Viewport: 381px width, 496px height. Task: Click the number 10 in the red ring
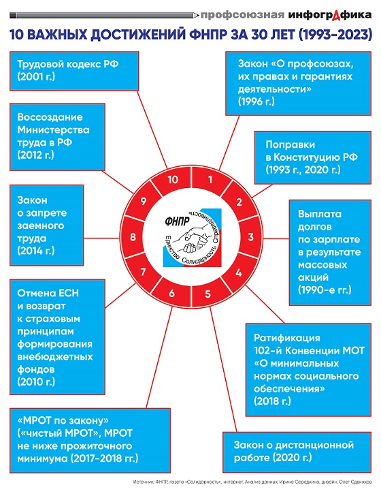(x=173, y=180)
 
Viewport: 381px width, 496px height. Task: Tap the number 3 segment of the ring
(x=250, y=236)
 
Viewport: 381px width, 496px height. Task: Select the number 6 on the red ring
(x=171, y=293)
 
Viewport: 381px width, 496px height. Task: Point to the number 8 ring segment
(x=133, y=236)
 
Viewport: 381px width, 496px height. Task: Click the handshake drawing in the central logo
(x=192, y=239)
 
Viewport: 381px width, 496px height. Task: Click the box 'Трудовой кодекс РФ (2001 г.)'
(x=74, y=71)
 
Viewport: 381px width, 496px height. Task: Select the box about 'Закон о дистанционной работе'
(x=297, y=452)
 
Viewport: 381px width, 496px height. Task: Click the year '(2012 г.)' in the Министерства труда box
(x=36, y=155)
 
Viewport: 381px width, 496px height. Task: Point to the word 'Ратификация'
(x=287, y=338)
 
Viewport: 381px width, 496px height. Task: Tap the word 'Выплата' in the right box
(x=319, y=214)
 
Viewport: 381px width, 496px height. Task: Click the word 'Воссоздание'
(x=50, y=117)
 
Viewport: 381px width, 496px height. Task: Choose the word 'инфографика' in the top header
(x=330, y=14)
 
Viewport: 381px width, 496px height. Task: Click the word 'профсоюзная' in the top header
(x=243, y=15)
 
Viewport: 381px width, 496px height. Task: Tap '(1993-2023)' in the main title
(x=335, y=35)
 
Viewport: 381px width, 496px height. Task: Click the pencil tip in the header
(x=198, y=15)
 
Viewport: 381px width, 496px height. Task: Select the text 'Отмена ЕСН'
(x=48, y=293)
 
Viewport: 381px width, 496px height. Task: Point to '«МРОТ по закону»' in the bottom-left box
(x=63, y=420)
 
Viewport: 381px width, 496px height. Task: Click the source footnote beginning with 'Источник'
(x=252, y=482)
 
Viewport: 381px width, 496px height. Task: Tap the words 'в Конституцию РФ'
(x=312, y=157)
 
